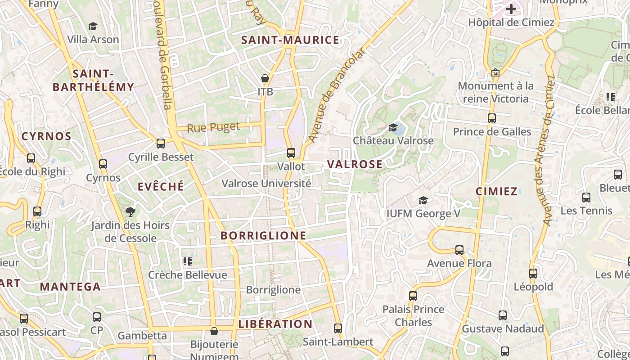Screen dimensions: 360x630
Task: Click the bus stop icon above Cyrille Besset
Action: [161, 144]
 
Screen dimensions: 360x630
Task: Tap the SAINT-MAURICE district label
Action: [290, 40]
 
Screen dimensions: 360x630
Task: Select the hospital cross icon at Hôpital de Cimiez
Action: [511, 9]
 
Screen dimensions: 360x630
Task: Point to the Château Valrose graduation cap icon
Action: [393, 128]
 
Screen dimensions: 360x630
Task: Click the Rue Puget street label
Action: [213, 127]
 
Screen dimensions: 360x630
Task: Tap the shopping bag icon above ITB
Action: [265, 79]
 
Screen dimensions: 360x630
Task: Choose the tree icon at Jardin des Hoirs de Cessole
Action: [130, 211]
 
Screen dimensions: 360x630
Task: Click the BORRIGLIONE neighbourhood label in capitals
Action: [264, 236]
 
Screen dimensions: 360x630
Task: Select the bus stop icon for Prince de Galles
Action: [492, 118]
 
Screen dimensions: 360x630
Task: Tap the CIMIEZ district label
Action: [497, 191]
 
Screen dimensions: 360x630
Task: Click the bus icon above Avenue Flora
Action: [459, 250]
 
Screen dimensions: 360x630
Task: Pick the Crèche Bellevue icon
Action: [188, 261]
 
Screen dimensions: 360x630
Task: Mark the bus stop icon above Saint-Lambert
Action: [338, 328]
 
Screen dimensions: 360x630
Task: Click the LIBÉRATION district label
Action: [275, 324]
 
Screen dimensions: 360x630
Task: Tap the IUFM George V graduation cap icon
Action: [423, 200]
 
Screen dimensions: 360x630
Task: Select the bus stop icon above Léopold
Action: [533, 273]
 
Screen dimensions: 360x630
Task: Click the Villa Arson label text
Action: [93, 40]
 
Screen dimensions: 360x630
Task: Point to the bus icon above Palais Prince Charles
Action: [413, 296]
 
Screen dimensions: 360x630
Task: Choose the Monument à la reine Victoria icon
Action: [495, 72]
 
